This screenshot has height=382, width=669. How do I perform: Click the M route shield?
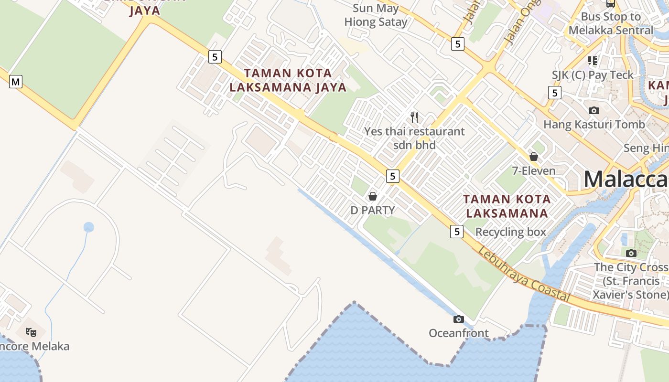pos(16,82)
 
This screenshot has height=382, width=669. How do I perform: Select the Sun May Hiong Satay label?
pos(376,15)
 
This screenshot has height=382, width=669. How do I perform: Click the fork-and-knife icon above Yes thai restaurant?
pos(414,117)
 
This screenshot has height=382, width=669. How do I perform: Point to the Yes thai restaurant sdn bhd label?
pos(414,138)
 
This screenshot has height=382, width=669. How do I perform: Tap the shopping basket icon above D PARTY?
pos(373,196)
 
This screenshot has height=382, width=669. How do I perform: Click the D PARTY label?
pos(373,210)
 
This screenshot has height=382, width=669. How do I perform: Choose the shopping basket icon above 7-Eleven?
pos(534,156)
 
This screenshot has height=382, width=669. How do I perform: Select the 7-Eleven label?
pos(534,170)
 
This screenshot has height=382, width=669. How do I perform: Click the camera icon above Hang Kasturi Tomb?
pos(594,110)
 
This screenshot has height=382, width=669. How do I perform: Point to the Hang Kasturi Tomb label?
pos(594,125)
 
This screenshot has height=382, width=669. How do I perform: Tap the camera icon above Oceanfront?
pos(459,319)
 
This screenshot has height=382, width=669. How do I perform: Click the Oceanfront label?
pos(459,333)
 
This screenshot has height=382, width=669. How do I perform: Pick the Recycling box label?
pos(510,232)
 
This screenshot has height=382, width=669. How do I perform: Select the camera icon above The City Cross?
pos(631,253)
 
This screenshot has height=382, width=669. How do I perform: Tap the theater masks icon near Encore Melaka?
pos(32,332)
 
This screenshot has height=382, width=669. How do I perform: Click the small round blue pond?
pos(88,227)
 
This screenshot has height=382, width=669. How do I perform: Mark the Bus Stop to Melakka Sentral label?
pos(610,23)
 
